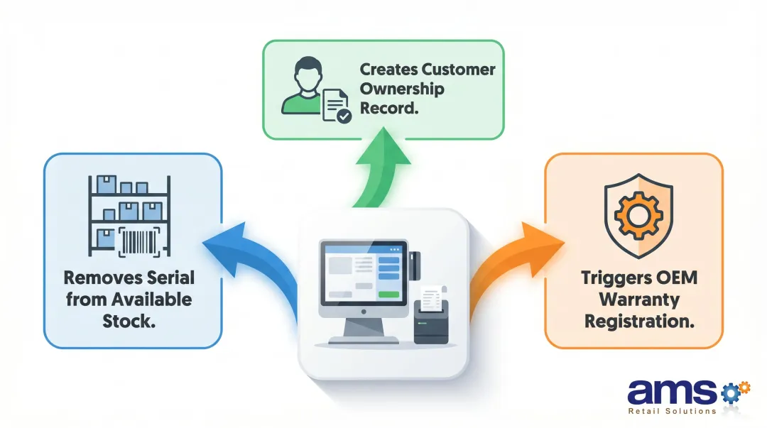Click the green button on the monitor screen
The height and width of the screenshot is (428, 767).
point(388,294)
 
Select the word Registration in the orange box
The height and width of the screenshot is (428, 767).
point(638,320)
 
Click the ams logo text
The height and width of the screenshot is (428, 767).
point(672,392)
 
